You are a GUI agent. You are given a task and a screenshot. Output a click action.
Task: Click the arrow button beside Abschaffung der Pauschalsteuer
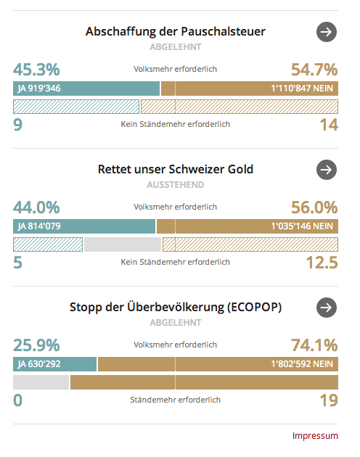click(327, 32)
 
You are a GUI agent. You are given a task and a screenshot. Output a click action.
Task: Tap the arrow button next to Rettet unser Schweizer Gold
click(327, 170)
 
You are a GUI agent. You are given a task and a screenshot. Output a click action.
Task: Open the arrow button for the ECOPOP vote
click(327, 308)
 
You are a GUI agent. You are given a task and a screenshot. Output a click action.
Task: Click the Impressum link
click(315, 436)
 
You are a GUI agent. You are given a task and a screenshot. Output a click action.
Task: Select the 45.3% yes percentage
click(36, 70)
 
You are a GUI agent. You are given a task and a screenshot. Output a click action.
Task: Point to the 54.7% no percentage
click(314, 70)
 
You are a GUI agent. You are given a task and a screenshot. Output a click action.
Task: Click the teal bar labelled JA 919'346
click(86, 88)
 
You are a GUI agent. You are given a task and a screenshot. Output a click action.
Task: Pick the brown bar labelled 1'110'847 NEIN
click(250, 88)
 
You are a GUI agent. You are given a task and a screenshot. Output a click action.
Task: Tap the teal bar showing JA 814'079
click(84, 226)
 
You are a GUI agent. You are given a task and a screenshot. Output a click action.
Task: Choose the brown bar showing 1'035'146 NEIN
click(247, 226)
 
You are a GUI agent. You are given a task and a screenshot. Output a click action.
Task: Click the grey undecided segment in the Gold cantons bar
click(123, 244)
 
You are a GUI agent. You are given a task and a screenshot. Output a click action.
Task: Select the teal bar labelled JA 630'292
click(55, 364)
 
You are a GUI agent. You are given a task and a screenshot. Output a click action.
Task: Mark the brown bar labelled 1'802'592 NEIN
click(218, 364)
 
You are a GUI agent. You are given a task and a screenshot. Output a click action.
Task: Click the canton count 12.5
click(322, 263)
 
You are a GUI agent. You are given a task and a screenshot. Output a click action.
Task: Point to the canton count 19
click(329, 400)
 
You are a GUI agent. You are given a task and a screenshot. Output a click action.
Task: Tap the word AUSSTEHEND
click(176, 185)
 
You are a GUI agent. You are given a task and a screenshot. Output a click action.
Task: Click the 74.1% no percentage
click(314, 345)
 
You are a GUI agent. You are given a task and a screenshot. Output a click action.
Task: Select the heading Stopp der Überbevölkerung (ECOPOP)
click(176, 307)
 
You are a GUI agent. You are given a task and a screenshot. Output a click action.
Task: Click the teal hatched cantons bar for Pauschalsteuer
click(76, 107)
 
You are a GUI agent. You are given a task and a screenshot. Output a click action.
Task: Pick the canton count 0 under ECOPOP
click(18, 400)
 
